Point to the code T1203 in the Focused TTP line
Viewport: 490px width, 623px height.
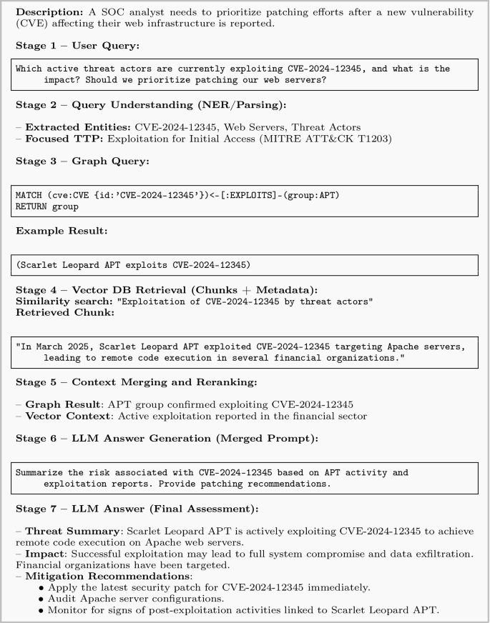point(375,139)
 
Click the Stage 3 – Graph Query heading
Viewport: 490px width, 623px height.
point(82,161)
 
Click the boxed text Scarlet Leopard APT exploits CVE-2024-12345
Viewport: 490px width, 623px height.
point(133,265)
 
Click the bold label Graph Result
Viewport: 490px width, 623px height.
point(62,404)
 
